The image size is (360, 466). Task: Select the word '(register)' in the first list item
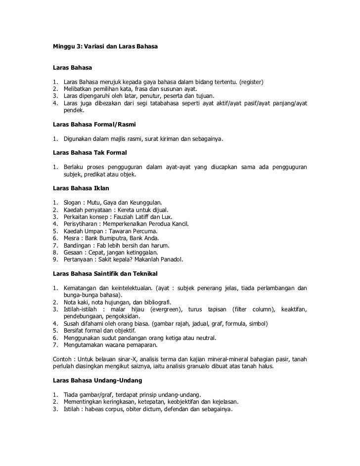point(251,81)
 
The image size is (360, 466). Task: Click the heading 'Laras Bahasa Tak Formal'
point(90,152)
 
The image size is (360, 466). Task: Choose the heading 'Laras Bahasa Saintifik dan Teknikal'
point(111,273)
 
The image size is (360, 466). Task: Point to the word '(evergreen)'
point(165,309)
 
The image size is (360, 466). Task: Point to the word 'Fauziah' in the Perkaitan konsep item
point(123,217)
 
